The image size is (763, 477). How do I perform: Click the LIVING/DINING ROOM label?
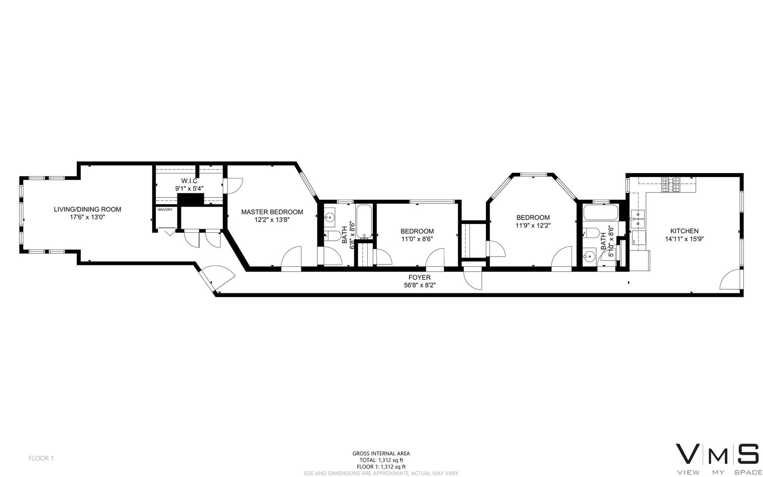(87, 209)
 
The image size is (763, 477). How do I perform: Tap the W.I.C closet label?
(189, 181)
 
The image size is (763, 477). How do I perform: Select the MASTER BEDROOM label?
(272, 212)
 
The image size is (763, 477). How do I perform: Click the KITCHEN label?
(684, 231)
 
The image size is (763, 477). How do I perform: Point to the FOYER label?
(419, 277)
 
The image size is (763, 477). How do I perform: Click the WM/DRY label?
(165, 209)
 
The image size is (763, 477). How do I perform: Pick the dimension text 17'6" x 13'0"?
(87, 217)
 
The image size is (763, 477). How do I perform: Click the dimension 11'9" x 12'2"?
(533, 225)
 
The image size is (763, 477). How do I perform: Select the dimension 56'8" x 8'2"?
(419, 285)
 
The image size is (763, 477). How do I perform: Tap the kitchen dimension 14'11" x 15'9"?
(684, 239)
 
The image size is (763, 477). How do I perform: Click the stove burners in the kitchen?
(671, 185)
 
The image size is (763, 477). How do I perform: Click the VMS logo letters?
(717, 454)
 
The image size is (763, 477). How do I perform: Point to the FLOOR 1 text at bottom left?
(41, 458)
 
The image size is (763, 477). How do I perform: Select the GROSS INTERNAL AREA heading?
(381, 453)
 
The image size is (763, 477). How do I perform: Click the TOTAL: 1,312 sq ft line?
(381, 460)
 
